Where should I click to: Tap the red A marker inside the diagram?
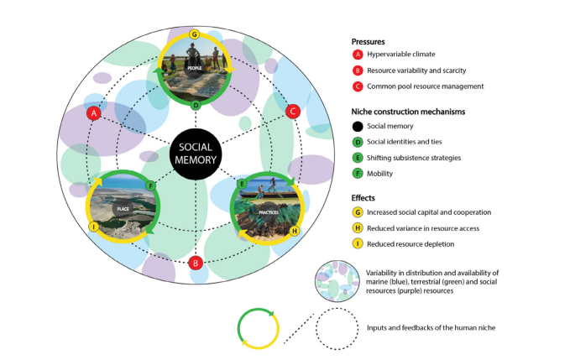pos(94,112)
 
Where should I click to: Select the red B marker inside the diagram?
pos(196,263)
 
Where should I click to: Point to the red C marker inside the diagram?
pos(293,111)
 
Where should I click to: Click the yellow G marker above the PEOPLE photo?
pos(195,34)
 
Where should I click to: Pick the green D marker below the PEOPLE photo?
pos(195,106)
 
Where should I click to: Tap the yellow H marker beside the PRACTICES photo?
pos(295,230)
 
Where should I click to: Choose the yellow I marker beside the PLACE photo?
pos(94,227)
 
